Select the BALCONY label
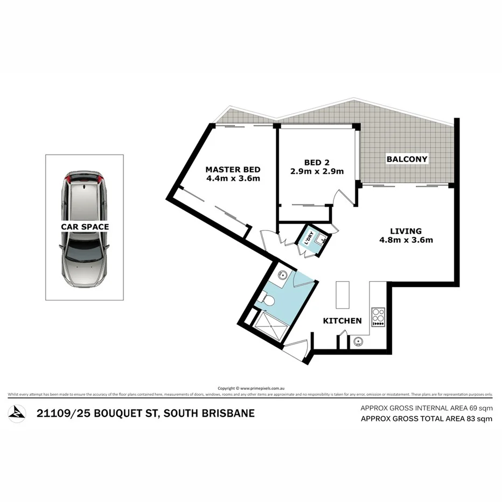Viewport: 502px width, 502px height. pyautogui.click(x=407, y=159)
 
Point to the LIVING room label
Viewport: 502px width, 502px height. pyautogui.click(x=407, y=231)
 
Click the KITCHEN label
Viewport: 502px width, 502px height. pyautogui.click(x=342, y=321)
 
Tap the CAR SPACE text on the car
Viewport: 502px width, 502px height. pyautogui.click(x=85, y=227)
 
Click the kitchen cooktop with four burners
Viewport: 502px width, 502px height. pyautogui.click(x=378, y=317)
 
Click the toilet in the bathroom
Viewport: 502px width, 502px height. pyautogui.click(x=267, y=301)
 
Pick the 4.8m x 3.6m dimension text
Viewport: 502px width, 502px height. pyautogui.click(x=407, y=240)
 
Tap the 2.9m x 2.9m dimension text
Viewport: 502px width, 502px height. pyautogui.click(x=316, y=171)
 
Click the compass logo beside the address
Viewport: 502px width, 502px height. pyautogui.click(x=17, y=413)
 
